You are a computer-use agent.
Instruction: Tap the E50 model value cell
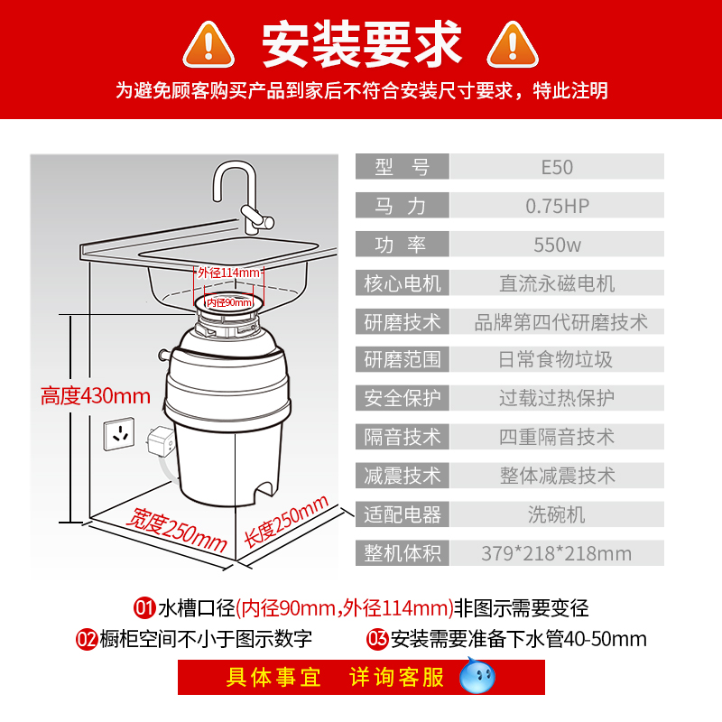coord(557,167)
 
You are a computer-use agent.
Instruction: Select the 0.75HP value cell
coord(557,206)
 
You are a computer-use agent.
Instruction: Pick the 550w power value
coord(557,245)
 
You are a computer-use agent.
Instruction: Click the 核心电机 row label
coord(402,283)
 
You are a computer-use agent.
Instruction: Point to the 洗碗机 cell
coord(557,514)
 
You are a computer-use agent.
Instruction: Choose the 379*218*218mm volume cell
coord(557,553)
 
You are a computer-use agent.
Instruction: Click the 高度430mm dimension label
coord(96,395)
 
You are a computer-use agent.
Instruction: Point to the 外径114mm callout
coord(230,273)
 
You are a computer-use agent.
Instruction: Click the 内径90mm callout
coord(229,302)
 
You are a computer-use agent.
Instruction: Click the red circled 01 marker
coord(144,606)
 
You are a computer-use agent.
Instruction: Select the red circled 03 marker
coord(377,640)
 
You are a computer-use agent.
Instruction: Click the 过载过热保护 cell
coord(557,398)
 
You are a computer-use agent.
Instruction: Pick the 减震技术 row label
coord(402,476)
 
